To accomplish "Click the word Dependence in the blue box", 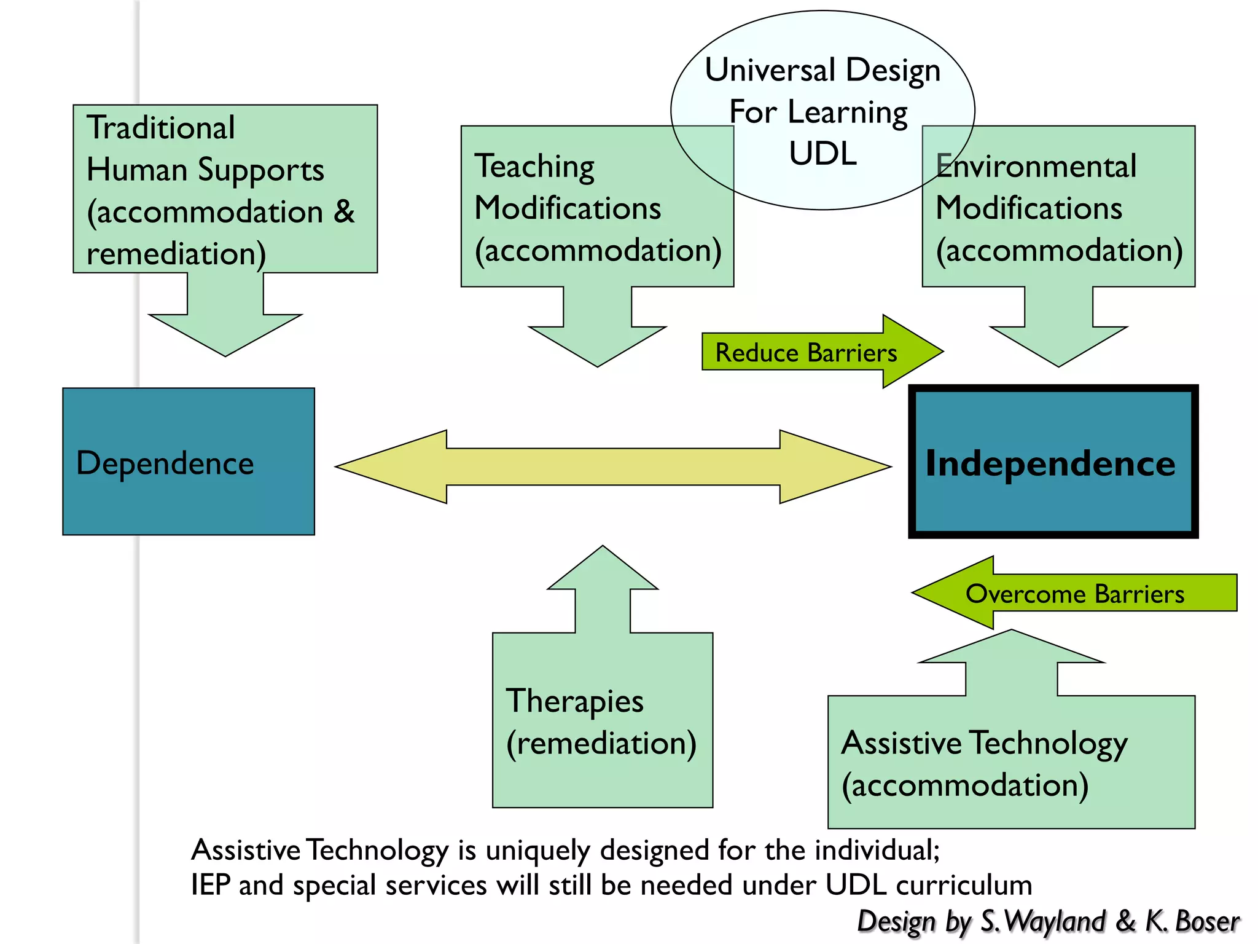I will [165, 463].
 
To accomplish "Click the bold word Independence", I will [1050, 463].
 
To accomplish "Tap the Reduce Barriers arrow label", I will [806, 353].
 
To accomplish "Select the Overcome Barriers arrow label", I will [1074, 594].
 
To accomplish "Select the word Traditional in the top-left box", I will [161, 128].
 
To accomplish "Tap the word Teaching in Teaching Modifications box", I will [534, 167].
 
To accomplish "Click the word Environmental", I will [1036, 167].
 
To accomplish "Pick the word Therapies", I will [574, 701].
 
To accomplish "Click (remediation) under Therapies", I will [601, 743].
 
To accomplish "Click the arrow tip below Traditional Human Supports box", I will [225, 352].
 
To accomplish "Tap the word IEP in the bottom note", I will [210, 885].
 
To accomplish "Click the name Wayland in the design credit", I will [1055, 921].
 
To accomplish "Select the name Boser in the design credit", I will [1206, 921].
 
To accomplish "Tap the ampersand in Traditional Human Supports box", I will [344, 211].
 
